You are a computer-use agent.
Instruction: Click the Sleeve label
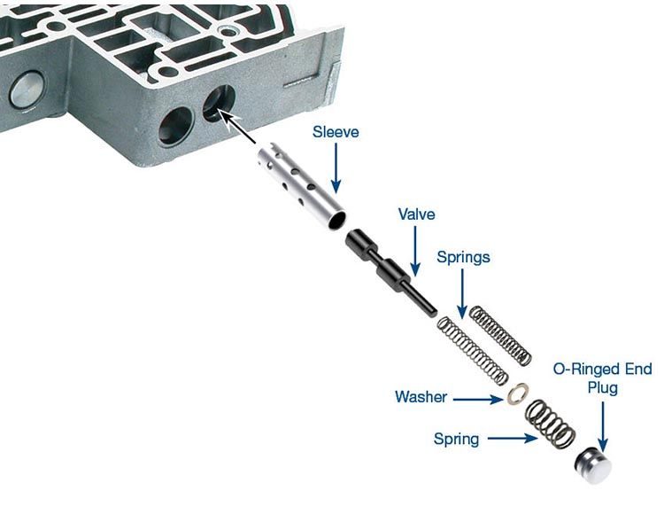tap(336, 132)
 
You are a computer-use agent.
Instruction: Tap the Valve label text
tap(416, 214)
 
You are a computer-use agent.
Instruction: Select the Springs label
tap(463, 257)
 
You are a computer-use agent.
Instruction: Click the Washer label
tap(421, 397)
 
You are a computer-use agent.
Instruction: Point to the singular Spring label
tap(456, 439)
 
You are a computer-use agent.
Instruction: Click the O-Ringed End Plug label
tap(603, 378)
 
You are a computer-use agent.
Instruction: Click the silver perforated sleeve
tap(301, 186)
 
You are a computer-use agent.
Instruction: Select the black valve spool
tap(390, 272)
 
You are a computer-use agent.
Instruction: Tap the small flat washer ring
tap(517, 393)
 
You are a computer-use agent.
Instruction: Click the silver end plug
tap(593, 465)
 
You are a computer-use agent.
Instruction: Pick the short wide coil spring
tap(550, 424)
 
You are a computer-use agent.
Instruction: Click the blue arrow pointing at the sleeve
tap(336, 168)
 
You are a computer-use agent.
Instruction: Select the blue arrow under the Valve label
tap(415, 252)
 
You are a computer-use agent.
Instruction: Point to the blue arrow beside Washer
tap(478, 399)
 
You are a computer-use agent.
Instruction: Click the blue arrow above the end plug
tap(603, 427)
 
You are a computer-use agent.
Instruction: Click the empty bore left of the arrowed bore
tap(175, 126)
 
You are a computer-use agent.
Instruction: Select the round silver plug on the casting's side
tap(27, 91)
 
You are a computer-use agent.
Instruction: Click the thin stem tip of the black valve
tap(433, 313)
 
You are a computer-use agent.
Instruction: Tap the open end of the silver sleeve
tap(336, 221)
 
